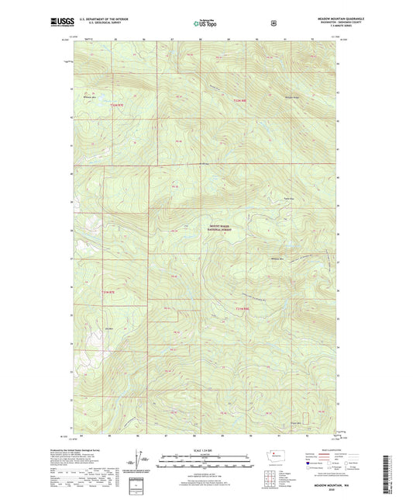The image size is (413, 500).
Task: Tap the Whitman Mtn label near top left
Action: [x=91, y=96]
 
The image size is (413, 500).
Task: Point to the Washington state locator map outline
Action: [x=277, y=459]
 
